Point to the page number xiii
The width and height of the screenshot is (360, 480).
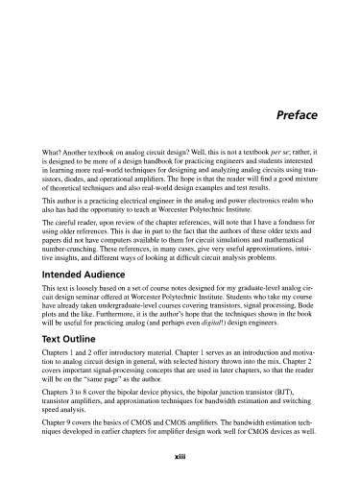click(x=180, y=459)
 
